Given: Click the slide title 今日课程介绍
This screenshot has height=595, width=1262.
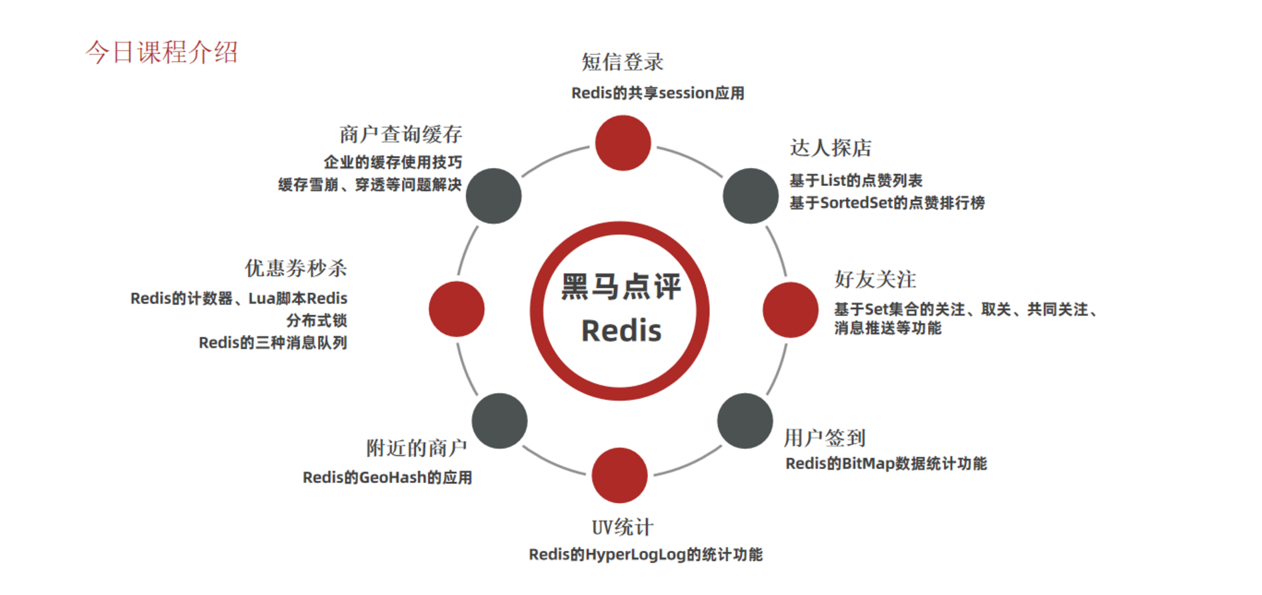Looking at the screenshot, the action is pyautogui.click(x=161, y=52).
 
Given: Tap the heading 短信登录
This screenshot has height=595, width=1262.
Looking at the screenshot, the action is pyautogui.click(x=622, y=62).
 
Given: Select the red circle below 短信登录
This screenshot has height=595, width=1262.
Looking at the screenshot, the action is pyautogui.click(x=623, y=143).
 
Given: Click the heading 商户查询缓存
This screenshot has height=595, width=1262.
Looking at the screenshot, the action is pyautogui.click(x=401, y=134).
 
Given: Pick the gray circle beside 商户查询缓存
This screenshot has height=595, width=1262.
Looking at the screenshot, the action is pyautogui.click(x=493, y=196).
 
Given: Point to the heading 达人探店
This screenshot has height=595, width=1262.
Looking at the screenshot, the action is pyautogui.click(x=831, y=147).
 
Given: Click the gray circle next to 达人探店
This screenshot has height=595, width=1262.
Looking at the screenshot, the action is pyautogui.click(x=751, y=196).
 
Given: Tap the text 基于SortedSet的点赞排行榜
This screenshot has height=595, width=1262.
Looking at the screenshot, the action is pyautogui.click(x=887, y=203).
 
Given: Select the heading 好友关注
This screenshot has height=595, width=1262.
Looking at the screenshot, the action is pyautogui.click(x=875, y=279).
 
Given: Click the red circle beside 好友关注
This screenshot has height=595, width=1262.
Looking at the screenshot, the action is pyautogui.click(x=790, y=310).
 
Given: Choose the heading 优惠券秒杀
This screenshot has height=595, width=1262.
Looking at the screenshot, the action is pyautogui.click(x=296, y=268).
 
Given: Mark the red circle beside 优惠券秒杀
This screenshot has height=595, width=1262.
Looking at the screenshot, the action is pyautogui.click(x=457, y=309).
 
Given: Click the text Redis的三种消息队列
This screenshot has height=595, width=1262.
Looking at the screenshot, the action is pyautogui.click(x=273, y=342).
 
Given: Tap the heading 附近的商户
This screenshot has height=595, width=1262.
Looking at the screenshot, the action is pyautogui.click(x=416, y=448).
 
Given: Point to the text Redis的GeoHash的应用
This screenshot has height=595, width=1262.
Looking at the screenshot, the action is pyautogui.click(x=387, y=477).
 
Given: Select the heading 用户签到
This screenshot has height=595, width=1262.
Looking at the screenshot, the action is pyautogui.click(x=825, y=438).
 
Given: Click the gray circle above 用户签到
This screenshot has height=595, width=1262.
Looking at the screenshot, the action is pyautogui.click(x=745, y=420).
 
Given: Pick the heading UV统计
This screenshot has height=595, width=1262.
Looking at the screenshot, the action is pyautogui.click(x=623, y=527).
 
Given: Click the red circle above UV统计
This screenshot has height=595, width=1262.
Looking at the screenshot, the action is pyautogui.click(x=619, y=475).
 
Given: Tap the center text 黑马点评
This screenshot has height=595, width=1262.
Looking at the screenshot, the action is pyautogui.click(x=621, y=287).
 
